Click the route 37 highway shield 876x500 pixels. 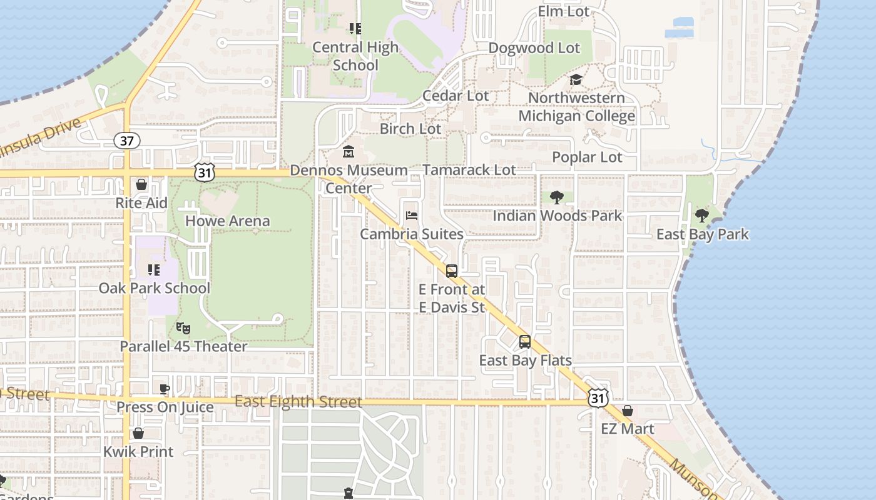pos(126,141)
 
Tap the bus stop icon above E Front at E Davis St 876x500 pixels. pos(452,271)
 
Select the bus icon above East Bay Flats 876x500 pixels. pos(525,342)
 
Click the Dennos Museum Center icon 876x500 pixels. pos(349,151)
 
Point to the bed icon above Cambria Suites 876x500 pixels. pos(412,216)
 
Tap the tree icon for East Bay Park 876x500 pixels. pos(702,216)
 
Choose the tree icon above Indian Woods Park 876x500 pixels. pos(556,197)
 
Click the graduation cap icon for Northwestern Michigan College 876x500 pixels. pos(576,80)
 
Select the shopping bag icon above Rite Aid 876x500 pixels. pos(141,184)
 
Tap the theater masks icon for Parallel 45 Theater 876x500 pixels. pos(183,327)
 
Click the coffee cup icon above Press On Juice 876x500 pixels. pos(165,389)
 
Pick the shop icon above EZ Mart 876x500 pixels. pos(627,411)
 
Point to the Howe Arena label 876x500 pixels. pos(228,221)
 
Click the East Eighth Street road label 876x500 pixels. pos(298,402)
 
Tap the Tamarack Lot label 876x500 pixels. pos(469,170)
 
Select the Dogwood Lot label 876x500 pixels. pos(534,48)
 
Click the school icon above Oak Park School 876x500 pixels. pos(154,270)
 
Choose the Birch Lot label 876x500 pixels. pos(410,129)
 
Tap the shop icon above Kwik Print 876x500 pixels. pos(138,433)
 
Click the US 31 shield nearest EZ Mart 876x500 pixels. pos(598,397)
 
